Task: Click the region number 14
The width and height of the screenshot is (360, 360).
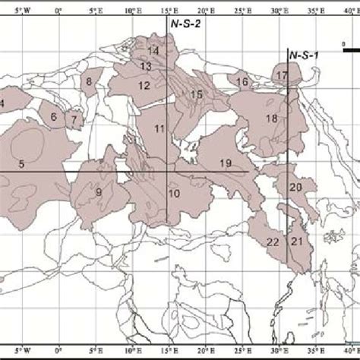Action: (153, 51)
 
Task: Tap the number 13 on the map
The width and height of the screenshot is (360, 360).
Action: (147, 67)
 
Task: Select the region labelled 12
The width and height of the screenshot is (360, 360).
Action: (144, 86)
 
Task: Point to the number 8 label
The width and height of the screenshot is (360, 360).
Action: (89, 81)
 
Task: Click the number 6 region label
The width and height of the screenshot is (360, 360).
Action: (54, 117)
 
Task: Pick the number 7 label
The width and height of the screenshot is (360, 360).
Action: (74, 119)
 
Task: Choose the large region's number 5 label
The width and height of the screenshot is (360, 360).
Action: (21, 164)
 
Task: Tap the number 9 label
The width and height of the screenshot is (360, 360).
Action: (99, 192)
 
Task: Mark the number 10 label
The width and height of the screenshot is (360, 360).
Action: (174, 194)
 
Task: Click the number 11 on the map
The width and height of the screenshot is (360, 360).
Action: (159, 129)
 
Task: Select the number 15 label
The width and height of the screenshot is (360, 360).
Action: (196, 94)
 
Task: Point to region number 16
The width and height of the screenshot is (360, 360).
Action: (242, 82)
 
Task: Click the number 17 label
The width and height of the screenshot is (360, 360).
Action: (282, 76)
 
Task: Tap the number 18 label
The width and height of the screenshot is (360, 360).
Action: (271, 118)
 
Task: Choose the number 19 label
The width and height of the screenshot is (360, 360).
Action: (226, 164)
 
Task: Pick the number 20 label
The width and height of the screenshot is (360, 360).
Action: (295, 187)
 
